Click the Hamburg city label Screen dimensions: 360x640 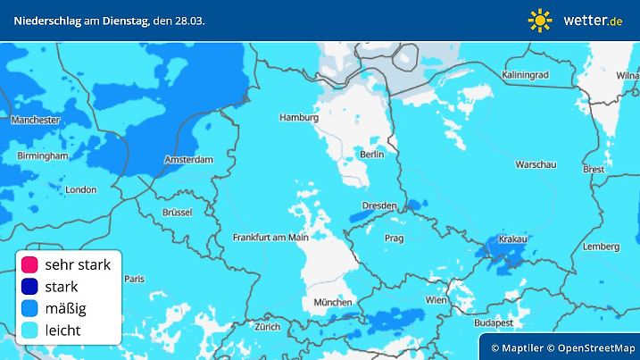299,117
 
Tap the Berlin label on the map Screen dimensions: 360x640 371,154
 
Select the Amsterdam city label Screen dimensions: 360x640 188,160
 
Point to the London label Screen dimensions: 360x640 80,189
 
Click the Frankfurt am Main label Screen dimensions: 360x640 270,237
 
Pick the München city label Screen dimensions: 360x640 333,303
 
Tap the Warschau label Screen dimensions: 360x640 536,164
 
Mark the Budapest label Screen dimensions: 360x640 493,321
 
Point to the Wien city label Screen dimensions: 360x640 436,300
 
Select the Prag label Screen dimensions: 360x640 395,239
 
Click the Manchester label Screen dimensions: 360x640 35,120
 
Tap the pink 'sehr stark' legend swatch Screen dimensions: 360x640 29,264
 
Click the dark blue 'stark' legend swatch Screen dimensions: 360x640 29,287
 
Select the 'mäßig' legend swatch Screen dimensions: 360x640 29,308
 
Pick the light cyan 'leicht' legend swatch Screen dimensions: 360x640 29,331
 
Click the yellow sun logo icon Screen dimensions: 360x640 540,20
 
